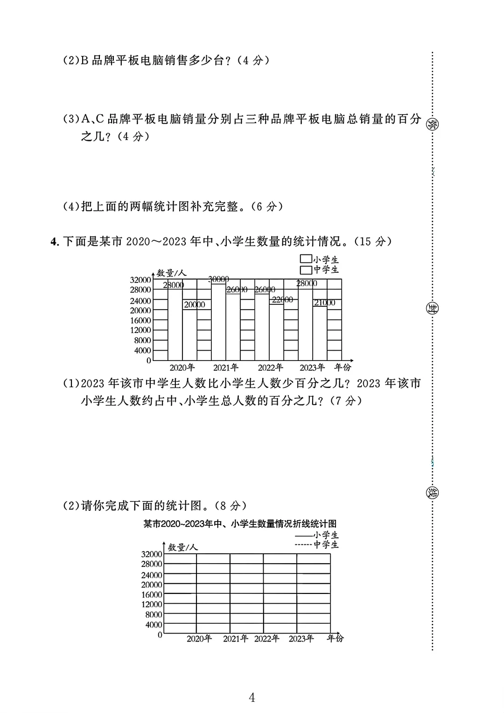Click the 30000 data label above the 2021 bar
coord(218,279)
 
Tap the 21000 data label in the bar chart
coord(324,303)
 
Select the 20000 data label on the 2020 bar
coord(194,304)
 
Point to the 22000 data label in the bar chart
coord(282,299)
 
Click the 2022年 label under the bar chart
coord(270,367)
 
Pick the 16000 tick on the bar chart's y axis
coord(140,320)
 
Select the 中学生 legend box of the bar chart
coord(306,269)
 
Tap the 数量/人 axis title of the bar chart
coord(171,273)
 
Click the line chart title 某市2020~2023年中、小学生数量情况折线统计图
coord(240,523)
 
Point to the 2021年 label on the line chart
coord(235,638)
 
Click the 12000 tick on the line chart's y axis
coord(152,604)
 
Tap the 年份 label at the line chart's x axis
coord(335,638)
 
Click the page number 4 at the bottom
coord(252,698)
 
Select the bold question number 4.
coord(55,241)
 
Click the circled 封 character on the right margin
coord(432,308)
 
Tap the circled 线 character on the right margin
coord(432,493)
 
